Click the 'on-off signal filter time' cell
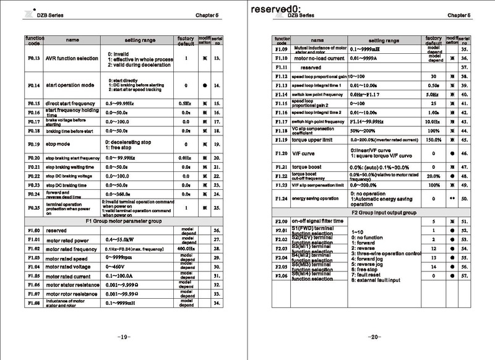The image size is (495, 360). click(318, 221)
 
